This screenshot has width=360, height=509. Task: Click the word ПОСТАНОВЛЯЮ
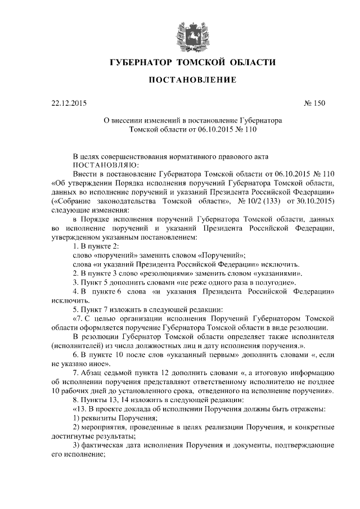click(105, 165)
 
